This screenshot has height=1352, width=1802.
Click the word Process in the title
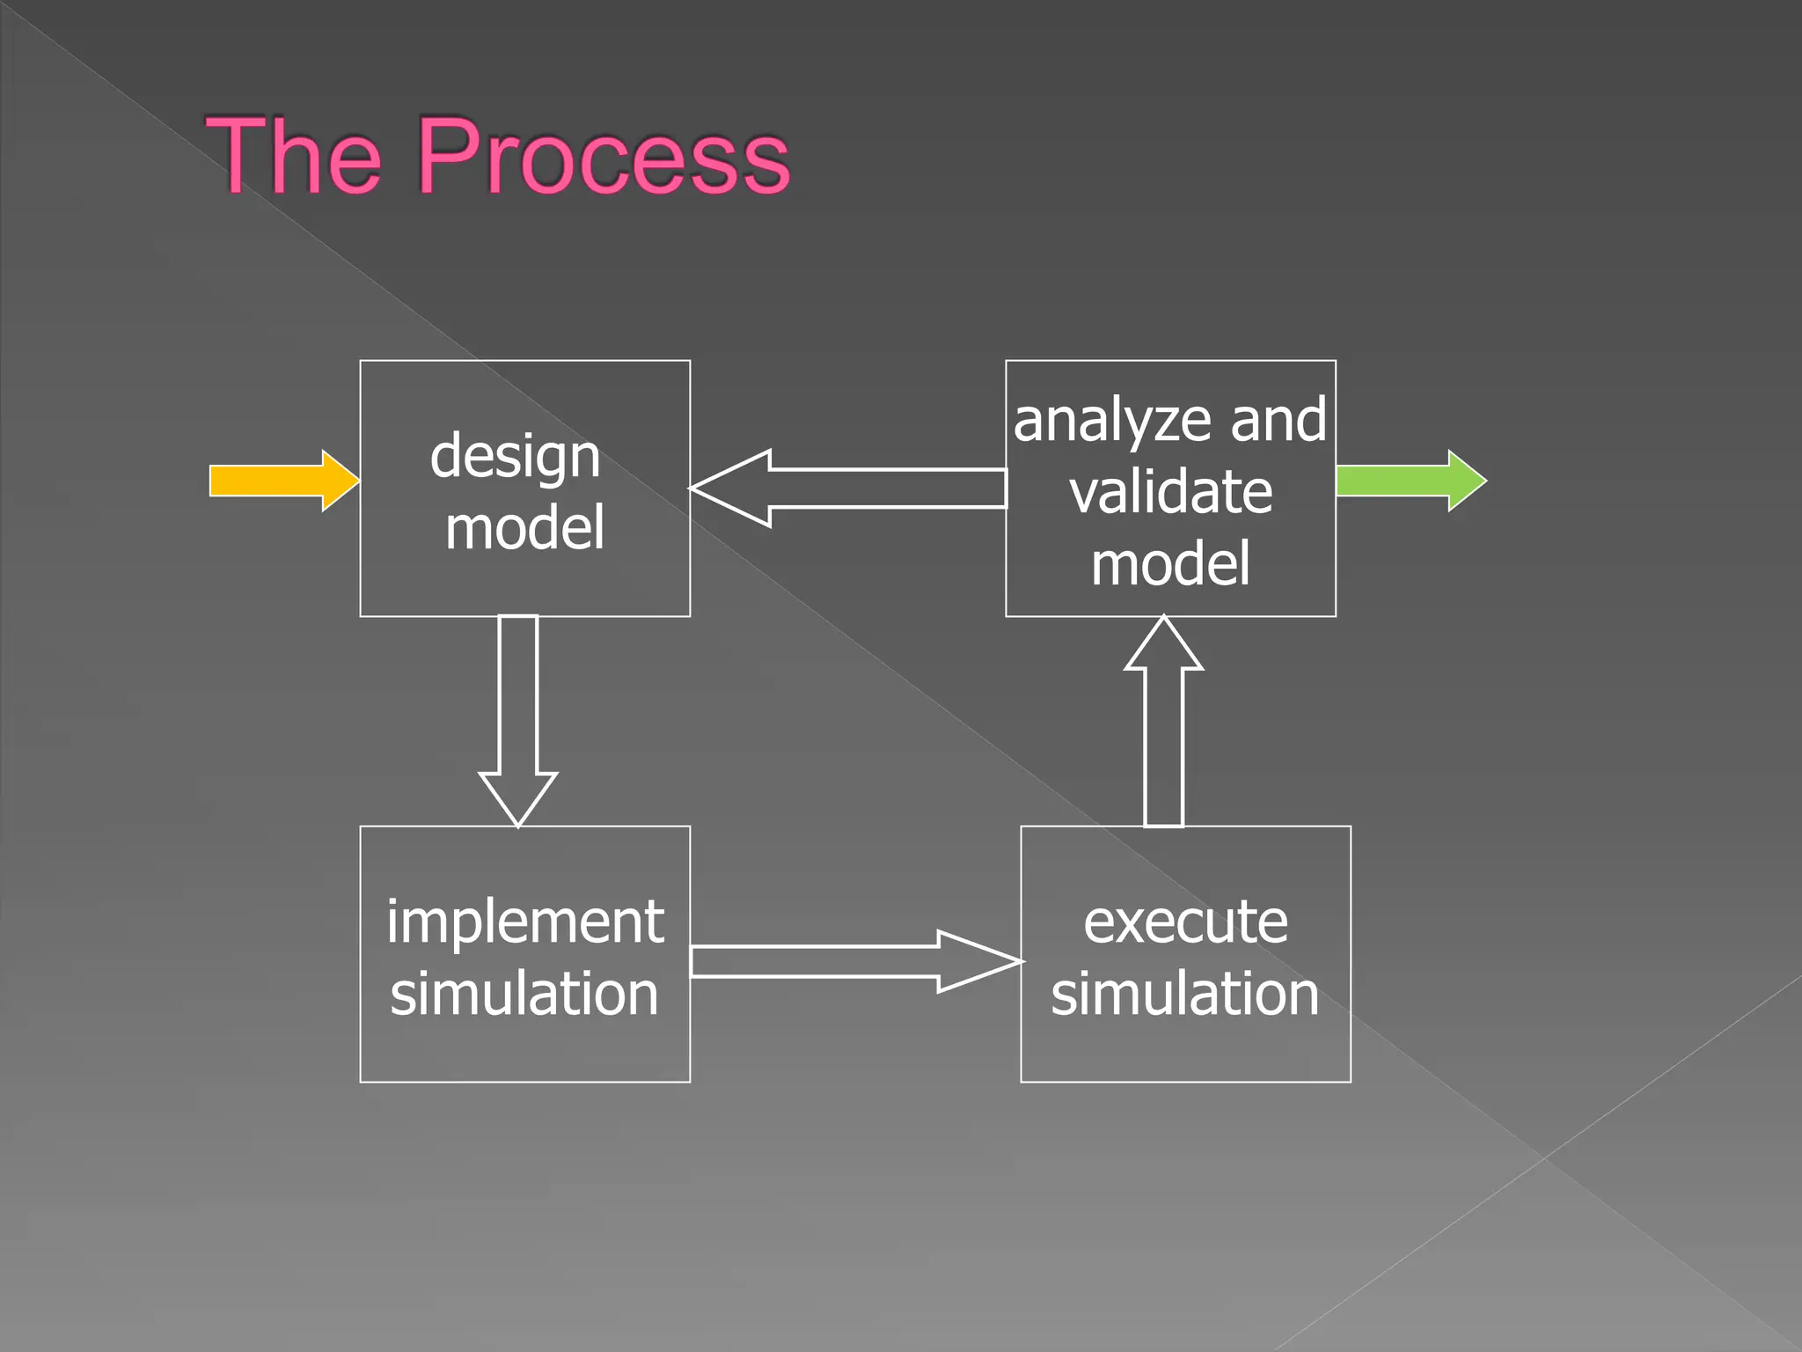click(x=604, y=157)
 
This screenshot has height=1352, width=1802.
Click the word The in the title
click(x=294, y=157)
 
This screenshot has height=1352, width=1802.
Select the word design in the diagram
click(x=515, y=457)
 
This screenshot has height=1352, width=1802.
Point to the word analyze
click(x=1113, y=422)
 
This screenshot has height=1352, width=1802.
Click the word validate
click(x=1170, y=492)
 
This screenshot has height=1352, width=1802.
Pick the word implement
click(x=524, y=922)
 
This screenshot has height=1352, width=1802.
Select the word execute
click(x=1185, y=922)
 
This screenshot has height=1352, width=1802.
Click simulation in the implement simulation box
click(x=524, y=993)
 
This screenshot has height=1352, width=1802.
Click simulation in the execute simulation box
click(x=1185, y=993)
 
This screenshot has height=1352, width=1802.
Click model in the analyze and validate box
click(x=1170, y=564)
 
